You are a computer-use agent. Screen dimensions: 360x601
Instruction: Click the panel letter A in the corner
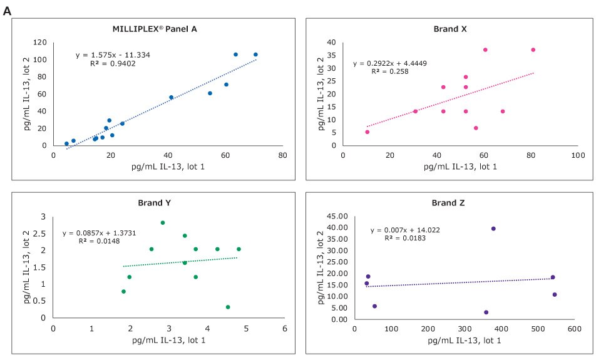click(8, 11)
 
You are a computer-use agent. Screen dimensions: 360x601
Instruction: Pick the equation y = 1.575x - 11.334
click(113, 55)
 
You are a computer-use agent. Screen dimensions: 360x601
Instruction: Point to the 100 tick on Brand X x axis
click(577, 155)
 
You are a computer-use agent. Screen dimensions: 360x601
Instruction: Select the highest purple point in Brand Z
click(493, 229)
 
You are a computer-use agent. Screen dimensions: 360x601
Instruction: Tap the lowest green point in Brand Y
click(228, 307)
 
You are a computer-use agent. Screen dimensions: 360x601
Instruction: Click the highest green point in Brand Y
click(163, 222)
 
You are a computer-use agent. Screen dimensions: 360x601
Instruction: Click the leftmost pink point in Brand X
click(367, 131)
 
